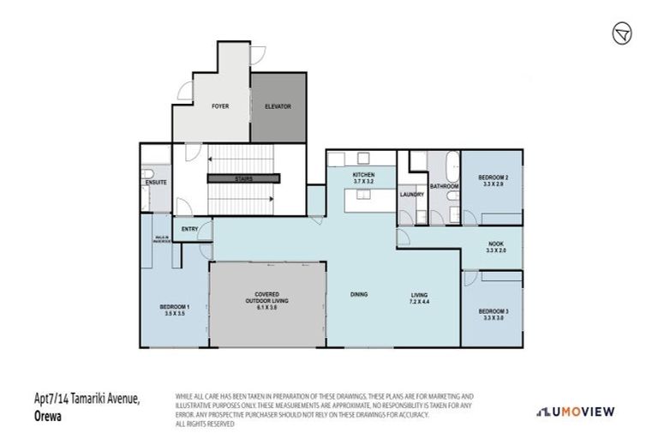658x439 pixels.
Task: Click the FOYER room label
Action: tap(221, 106)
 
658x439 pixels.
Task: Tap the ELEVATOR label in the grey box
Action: tap(278, 106)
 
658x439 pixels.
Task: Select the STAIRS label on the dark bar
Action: tap(245, 179)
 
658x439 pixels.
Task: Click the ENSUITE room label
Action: tap(156, 182)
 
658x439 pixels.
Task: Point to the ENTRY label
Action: tap(189, 230)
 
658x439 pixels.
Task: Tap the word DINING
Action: tap(359, 295)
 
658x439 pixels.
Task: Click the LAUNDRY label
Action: tap(411, 195)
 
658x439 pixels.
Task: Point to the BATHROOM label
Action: tap(445, 185)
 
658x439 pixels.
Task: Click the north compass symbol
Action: tap(622, 33)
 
